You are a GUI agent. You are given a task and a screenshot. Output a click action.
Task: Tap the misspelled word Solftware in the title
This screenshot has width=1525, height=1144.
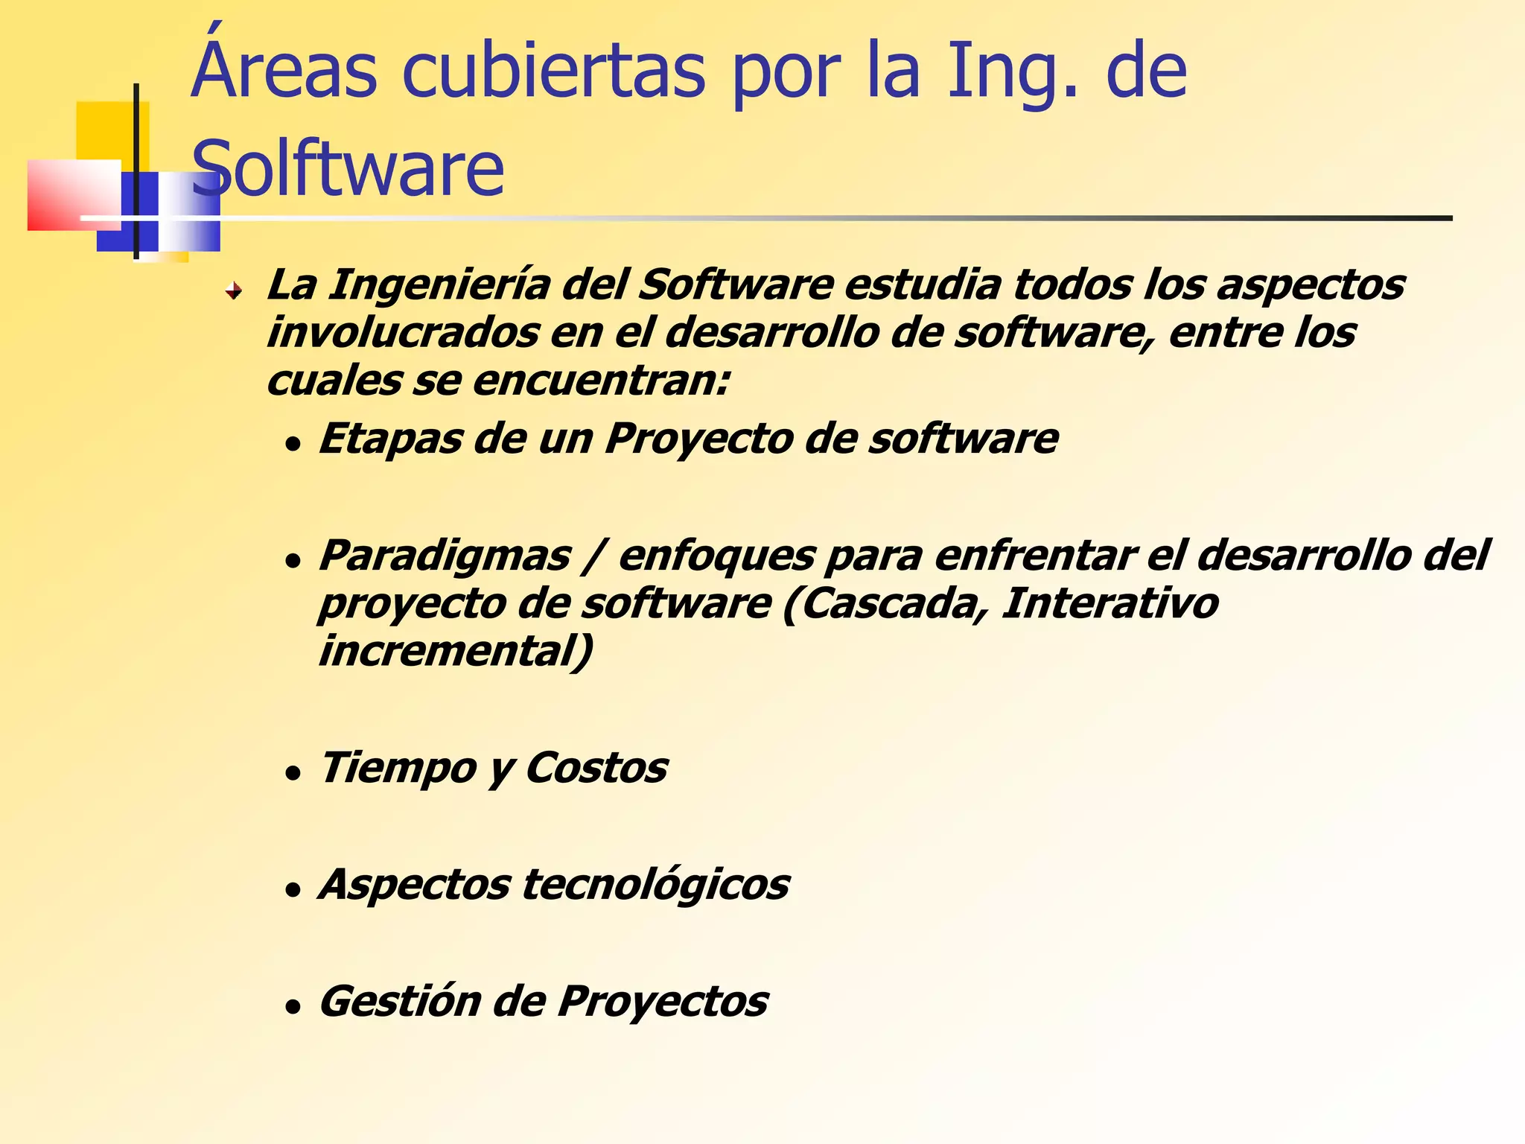[348, 169]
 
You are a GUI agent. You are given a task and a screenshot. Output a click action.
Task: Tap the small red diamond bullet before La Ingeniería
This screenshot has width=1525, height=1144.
[234, 290]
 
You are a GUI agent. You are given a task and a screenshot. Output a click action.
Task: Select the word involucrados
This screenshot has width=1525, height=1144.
[402, 332]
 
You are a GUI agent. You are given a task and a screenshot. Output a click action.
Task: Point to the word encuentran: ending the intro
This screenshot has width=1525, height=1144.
[600, 381]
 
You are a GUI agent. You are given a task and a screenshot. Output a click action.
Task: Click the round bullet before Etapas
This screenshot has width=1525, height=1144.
[293, 445]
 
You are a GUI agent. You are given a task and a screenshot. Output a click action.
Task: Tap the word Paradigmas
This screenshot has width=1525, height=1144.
[445, 556]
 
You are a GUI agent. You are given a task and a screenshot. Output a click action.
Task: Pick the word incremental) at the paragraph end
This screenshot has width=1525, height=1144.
[456, 650]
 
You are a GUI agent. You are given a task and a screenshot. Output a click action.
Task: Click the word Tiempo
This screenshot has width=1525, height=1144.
[398, 768]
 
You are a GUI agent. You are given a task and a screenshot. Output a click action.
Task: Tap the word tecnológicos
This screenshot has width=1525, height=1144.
[655, 885]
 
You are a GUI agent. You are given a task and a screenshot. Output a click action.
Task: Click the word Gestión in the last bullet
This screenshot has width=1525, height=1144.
[400, 1002]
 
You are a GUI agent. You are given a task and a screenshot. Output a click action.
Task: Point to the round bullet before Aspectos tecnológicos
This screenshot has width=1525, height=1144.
[293, 890]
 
